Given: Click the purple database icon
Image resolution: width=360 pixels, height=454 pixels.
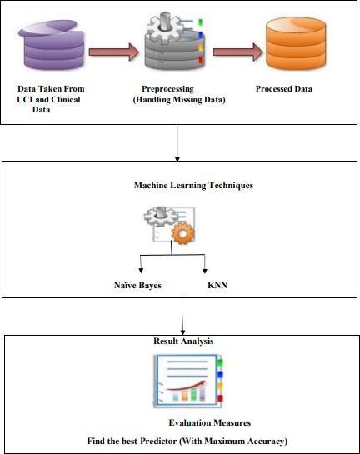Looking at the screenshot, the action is [x=52, y=45].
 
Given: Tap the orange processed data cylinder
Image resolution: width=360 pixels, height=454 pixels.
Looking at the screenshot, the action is [x=296, y=43].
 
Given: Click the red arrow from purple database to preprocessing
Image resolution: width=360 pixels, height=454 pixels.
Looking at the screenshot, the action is [x=114, y=52].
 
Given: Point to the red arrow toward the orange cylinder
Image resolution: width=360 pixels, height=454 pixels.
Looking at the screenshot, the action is [x=237, y=52].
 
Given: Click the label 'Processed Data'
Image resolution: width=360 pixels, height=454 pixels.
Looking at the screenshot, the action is [x=284, y=89].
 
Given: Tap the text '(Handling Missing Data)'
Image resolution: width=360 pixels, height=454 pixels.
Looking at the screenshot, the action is [x=179, y=100].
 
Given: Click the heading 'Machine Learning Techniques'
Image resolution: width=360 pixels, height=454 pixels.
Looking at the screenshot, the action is [x=194, y=185].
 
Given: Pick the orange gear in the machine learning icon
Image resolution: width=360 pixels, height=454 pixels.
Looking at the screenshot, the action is [x=183, y=232].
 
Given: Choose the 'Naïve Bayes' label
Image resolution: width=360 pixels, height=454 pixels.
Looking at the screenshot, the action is [x=137, y=285].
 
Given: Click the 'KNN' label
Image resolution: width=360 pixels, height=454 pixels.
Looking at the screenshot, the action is [x=217, y=285].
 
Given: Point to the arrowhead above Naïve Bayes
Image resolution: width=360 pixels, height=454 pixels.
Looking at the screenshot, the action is [x=141, y=271].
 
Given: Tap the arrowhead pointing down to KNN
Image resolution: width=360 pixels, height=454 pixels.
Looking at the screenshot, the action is [x=205, y=271].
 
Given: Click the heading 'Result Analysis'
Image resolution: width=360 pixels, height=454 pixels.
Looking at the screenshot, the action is [x=183, y=341].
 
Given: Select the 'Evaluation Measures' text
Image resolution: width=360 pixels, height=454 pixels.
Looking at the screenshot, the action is [x=210, y=422].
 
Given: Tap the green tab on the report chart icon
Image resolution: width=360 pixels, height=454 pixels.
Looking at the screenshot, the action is [x=220, y=363].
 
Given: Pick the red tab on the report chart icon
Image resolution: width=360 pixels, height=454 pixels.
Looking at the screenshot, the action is [x=220, y=398].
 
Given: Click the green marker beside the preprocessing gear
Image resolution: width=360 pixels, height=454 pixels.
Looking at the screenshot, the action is [x=200, y=22].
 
